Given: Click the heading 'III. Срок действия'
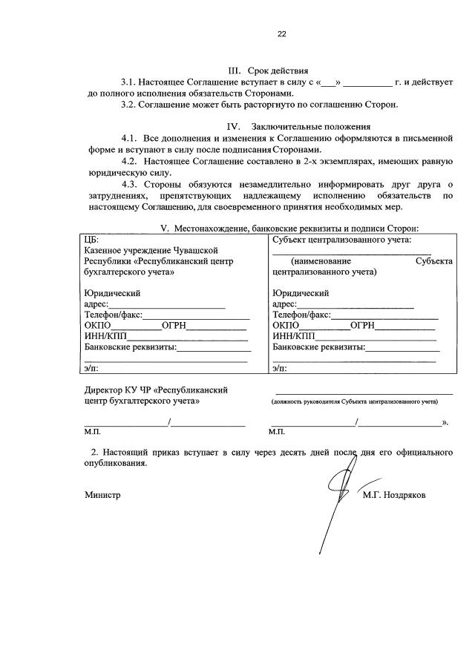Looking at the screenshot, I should point(268,70).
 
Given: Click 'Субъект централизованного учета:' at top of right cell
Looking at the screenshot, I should point(341,240).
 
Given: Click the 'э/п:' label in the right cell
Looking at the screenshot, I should point(279,368).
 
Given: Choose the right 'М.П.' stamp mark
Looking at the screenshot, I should point(277,431).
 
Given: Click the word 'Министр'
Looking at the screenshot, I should point(102,494).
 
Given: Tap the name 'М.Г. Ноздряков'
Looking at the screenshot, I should point(395,494).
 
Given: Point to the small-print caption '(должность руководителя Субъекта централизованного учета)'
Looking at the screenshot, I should point(354,401).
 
